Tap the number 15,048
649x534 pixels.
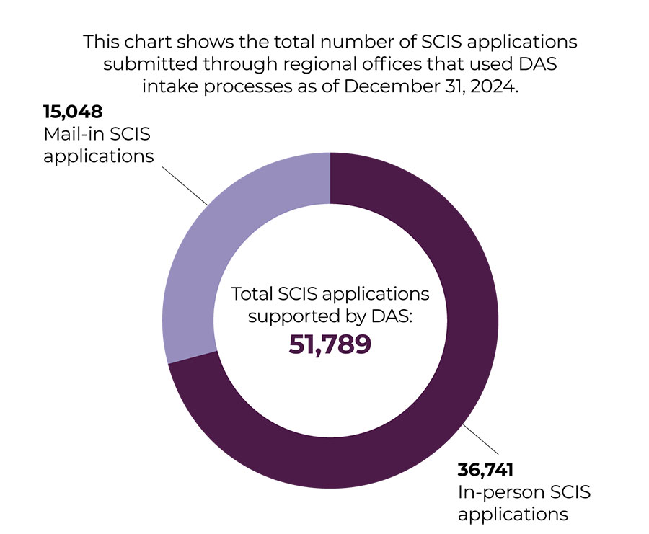pos(72,112)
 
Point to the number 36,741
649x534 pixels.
pos(485,471)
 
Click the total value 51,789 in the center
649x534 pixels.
pos(330,344)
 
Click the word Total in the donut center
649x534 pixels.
pos(252,295)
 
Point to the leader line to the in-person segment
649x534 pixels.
pos(477,440)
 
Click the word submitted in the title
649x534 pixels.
pos(144,63)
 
